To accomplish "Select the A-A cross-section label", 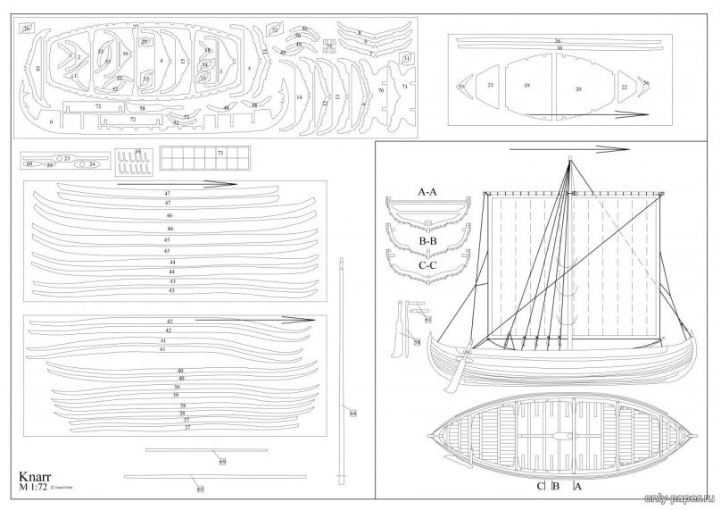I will click(427, 192).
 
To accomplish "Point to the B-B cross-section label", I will click(427, 240).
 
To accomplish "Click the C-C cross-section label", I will click(427, 265).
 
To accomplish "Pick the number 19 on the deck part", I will click(527, 86).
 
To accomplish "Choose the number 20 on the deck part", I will click(578, 89).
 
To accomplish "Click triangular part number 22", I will click(624, 87).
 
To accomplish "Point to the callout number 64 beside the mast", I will click(353, 413).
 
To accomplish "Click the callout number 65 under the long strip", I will click(200, 489).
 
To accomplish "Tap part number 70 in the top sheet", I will click(381, 90).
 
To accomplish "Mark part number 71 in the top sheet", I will click(404, 87).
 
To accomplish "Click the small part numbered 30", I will click(27, 29).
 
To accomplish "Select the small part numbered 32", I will click(276, 30).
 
